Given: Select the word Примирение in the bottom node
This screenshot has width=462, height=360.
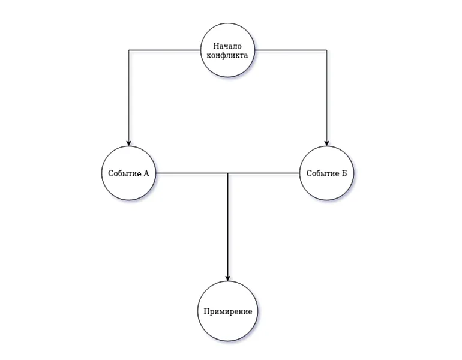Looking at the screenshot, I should tap(227, 312).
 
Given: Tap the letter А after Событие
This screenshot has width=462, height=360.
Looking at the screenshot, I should tap(146, 173).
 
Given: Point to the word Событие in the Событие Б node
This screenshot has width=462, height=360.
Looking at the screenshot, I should tap(322, 173).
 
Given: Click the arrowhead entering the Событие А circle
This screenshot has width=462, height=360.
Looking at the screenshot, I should tap(128, 143).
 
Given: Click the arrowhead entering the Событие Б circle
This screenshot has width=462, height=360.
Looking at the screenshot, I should tap(326, 143).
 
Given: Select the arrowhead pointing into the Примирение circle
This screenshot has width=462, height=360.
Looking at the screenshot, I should tap(227, 278).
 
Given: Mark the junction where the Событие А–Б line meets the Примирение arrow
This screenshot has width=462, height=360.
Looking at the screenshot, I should tap(227, 173).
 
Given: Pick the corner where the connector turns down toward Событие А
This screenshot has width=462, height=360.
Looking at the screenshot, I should tap(128, 50).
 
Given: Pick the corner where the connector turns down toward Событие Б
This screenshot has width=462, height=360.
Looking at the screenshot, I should tap(326, 50).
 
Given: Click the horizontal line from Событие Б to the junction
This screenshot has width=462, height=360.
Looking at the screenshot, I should tap(264, 173).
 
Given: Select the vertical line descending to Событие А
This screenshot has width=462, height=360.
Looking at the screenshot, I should tap(128, 96).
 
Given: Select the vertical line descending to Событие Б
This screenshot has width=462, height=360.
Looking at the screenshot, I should tap(326, 96).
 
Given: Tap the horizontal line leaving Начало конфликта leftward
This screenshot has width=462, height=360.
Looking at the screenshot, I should tap(165, 50).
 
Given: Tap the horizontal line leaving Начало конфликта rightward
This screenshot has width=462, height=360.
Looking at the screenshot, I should tap(290, 50).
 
